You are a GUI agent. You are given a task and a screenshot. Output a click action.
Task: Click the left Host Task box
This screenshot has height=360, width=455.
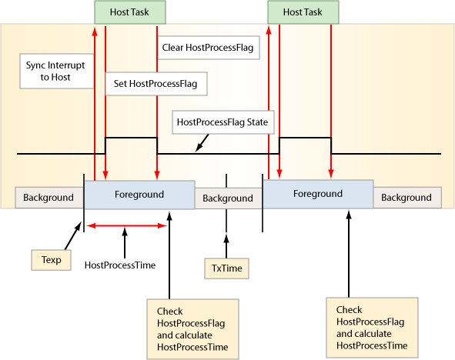click(130, 12)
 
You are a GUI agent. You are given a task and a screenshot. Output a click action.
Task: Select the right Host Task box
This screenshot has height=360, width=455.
click(303, 12)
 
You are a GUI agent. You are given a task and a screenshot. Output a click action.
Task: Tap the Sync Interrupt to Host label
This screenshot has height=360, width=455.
click(56, 71)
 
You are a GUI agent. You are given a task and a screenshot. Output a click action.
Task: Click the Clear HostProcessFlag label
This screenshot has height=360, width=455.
click(209, 48)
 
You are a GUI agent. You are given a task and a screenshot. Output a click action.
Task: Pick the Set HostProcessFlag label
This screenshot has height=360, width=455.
click(156, 84)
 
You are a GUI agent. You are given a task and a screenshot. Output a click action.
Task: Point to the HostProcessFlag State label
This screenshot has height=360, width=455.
click(222, 122)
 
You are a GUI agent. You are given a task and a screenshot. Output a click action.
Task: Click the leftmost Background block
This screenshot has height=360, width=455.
click(49, 198)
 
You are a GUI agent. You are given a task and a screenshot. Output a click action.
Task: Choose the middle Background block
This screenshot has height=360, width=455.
click(228, 198)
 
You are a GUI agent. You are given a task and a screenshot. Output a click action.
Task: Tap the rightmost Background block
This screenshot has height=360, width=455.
click(407, 198)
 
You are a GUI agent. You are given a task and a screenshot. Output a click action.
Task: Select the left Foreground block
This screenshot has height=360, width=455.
click(139, 195)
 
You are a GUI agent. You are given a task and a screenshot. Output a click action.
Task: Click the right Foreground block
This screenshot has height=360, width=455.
click(318, 194)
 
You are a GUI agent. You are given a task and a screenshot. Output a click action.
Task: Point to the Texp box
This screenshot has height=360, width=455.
click(51, 260)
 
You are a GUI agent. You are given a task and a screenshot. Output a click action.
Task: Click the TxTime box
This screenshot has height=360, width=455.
click(226, 268)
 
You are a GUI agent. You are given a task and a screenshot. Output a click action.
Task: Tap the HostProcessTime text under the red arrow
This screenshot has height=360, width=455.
click(120, 265)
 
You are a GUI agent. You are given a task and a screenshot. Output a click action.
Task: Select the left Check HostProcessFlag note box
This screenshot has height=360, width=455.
click(192, 329)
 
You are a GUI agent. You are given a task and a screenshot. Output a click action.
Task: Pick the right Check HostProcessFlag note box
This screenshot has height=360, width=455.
click(372, 328)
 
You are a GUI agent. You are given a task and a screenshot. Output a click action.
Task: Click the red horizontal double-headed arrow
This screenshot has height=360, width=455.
click(126, 226)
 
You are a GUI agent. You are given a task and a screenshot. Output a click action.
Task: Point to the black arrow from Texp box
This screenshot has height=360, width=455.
click(73, 235)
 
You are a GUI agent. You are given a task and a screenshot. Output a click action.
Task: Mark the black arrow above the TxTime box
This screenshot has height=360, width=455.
click(226, 246)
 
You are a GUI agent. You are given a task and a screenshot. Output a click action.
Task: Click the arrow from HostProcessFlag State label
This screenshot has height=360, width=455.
click(202, 142)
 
